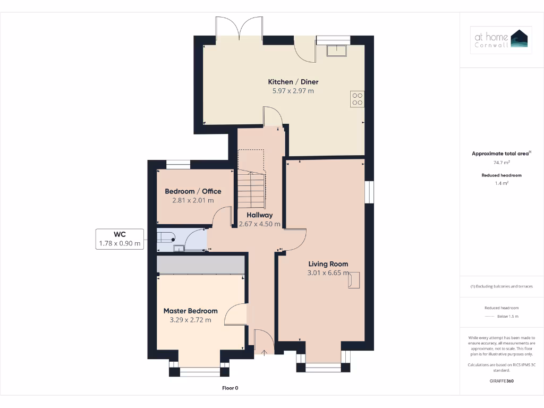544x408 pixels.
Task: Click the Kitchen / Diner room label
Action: [293, 82]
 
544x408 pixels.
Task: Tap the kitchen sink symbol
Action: [336, 50]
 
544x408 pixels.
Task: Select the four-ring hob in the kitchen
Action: [357, 99]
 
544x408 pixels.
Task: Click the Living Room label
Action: [328, 264]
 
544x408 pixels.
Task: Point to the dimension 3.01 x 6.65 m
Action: [328, 273]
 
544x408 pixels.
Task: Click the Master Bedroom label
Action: [190, 311]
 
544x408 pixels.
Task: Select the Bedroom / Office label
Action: [193, 191]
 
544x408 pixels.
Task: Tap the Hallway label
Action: [260, 215]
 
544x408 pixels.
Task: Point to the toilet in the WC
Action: [166, 237]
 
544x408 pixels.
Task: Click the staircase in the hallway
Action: [251, 189]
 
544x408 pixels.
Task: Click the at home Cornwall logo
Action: [501, 40]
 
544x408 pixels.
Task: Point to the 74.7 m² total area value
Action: [501, 163]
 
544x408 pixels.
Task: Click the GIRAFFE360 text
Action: [501, 381]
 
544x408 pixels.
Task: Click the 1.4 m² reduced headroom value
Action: [501, 183]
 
